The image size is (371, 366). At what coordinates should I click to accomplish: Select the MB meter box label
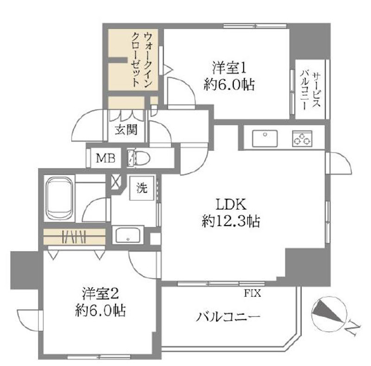click(x=105, y=158)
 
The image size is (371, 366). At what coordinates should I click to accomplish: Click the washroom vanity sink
click(x=129, y=235)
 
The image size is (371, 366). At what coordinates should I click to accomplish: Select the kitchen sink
click(x=264, y=138)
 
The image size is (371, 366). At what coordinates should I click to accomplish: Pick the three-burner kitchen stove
click(x=302, y=138)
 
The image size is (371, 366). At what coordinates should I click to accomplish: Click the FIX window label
click(x=252, y=293)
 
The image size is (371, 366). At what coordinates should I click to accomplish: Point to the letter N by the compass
click(x=352, y=330)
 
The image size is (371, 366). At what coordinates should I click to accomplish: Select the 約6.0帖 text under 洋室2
click(x=102, y=310)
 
